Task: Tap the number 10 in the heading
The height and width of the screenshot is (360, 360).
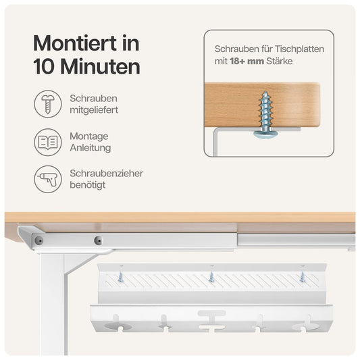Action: [46, 68]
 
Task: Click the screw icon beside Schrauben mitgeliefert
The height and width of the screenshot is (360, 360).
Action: [48, 103]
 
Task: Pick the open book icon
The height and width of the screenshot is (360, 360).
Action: [48, 142]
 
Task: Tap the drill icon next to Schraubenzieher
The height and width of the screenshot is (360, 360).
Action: [48, 179]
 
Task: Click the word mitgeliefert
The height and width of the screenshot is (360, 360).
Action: [94, 109]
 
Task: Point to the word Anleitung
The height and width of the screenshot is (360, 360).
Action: [91, 148]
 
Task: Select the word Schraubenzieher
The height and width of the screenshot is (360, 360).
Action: [106, 174]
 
